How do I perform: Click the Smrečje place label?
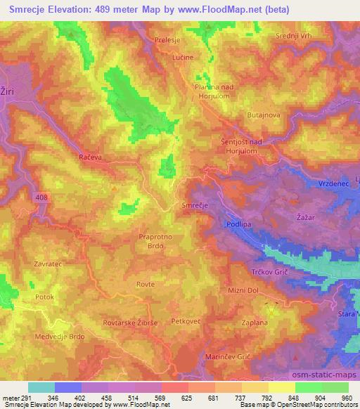(195, 205)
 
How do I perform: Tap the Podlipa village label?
(239, 224)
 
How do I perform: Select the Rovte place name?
(147, 284)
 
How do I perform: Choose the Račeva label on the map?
(91, 158)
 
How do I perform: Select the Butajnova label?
(264, 114)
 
